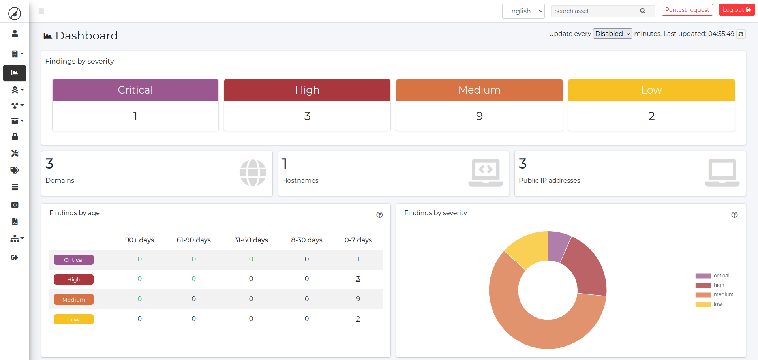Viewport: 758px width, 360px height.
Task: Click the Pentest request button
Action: tap(687, 10)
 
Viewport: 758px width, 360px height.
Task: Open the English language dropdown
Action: tap(523, 11)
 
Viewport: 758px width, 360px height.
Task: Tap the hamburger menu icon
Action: tap(41, 11)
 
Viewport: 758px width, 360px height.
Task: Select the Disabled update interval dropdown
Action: tap(612, 34)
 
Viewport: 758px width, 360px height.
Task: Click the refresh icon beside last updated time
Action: tap(741, 34)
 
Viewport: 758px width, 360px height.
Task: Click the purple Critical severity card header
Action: tap(135, 90)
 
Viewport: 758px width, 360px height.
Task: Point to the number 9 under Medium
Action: tap(479, 116)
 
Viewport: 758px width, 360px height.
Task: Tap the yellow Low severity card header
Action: tap(651, 90)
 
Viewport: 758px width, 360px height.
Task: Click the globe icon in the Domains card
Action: tap(253, 173)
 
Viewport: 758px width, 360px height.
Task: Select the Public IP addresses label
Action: tap(549, 180)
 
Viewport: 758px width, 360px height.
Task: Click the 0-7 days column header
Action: tap(358, 240)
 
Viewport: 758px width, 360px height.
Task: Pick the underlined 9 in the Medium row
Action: tap(358, 299)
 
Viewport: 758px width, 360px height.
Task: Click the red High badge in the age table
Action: tap(74, 279)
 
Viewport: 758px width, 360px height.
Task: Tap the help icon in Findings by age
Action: tap(379, 215)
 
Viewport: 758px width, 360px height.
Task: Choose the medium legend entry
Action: tap(723, 294)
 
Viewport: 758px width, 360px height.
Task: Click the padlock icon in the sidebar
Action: tap(15, 137)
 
